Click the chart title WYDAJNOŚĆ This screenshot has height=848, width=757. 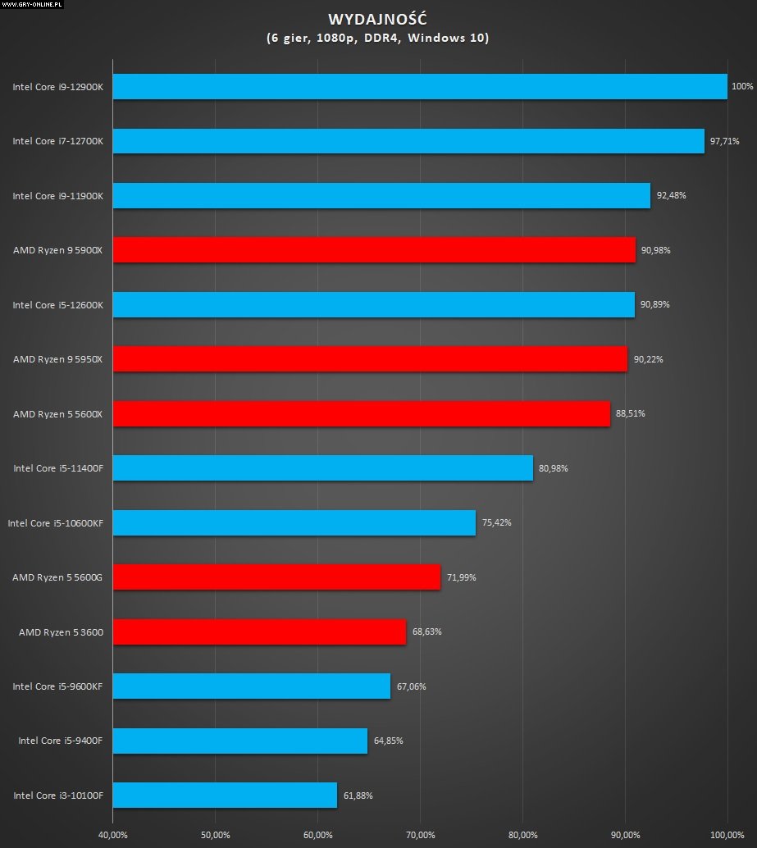(x=377, y=19)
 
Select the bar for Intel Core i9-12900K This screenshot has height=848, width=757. (x=419, y=86)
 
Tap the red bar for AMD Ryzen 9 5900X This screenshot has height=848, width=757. (x=373, y=249)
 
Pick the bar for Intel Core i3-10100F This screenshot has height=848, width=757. (x=225, y=795)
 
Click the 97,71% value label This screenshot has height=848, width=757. (x=724, y=141)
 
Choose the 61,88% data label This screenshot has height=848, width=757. (x=358, y=795)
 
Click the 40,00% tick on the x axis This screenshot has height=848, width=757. (x=112, y=836)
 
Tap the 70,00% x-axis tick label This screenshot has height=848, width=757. (x=420, y=836)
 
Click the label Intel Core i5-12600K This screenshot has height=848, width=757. (x=57, y=305)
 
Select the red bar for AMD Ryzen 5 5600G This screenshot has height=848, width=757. (x=276, y=577)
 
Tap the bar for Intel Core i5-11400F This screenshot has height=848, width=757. (x=322, y=467)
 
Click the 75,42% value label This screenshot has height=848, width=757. (x=496, y=522)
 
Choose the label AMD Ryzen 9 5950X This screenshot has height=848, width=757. (x=57, y=359)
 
